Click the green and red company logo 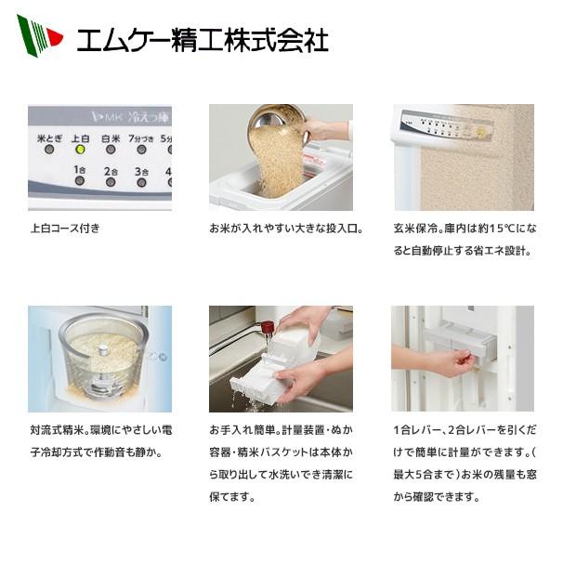click(x=38, y=36)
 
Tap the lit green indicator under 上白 click(x=80, y=149)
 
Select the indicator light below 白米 click(x=111, y=149)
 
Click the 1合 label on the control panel click(x=80, y=171)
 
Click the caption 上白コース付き click(x=65, y=228)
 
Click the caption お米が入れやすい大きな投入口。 click(x=285, y=228)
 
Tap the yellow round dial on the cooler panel click(x=480, y=133)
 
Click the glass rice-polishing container click(x=99, y=358)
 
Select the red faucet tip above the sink click(x=267, y=327)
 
